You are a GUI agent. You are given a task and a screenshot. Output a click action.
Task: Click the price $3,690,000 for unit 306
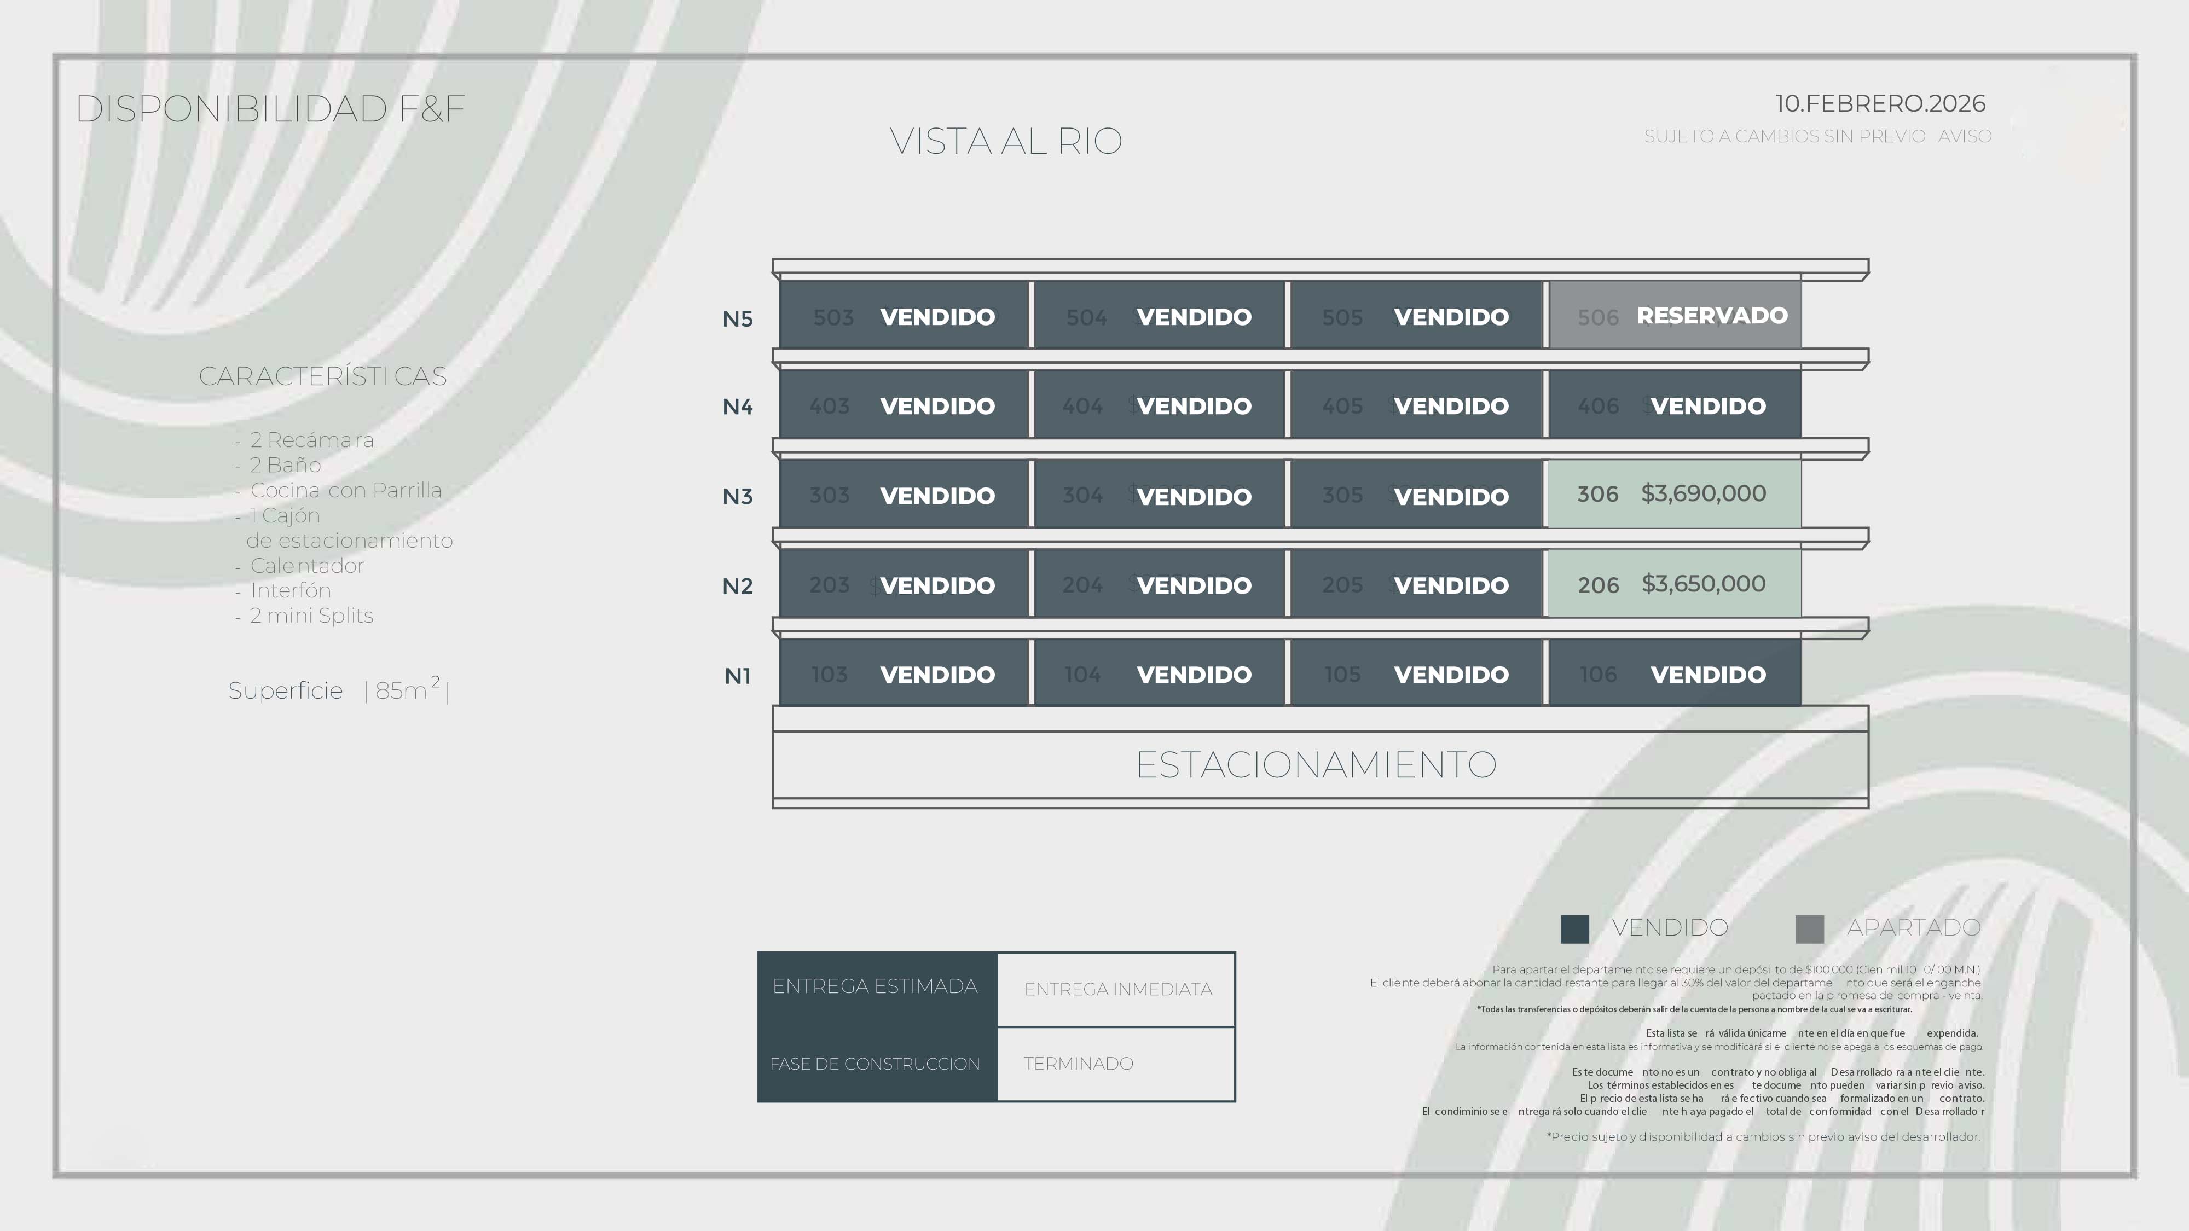pos(1703,493)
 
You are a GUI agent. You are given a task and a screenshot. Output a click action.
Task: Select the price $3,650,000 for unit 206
pos(1703,584)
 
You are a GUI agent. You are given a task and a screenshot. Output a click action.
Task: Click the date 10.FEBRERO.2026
pos(1880,103)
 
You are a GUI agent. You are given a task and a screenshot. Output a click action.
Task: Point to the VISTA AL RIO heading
pos(1005,141)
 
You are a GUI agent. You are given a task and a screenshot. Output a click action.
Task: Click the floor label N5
pos(737,318)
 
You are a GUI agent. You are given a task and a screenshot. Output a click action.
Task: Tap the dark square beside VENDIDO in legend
pos(1574,928)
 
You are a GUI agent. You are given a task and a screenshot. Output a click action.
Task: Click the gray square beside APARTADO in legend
pos(1809,928)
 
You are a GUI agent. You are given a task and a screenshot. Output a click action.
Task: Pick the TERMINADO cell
pos(1078,1064)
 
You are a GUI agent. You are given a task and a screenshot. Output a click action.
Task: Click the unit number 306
pos(1597,495)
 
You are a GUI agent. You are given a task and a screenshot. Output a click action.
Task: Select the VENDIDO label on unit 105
pos(1451,675)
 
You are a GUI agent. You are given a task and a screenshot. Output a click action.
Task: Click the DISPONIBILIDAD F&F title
pos(270,109)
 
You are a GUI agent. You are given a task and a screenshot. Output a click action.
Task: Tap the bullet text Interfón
pos(290,590)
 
